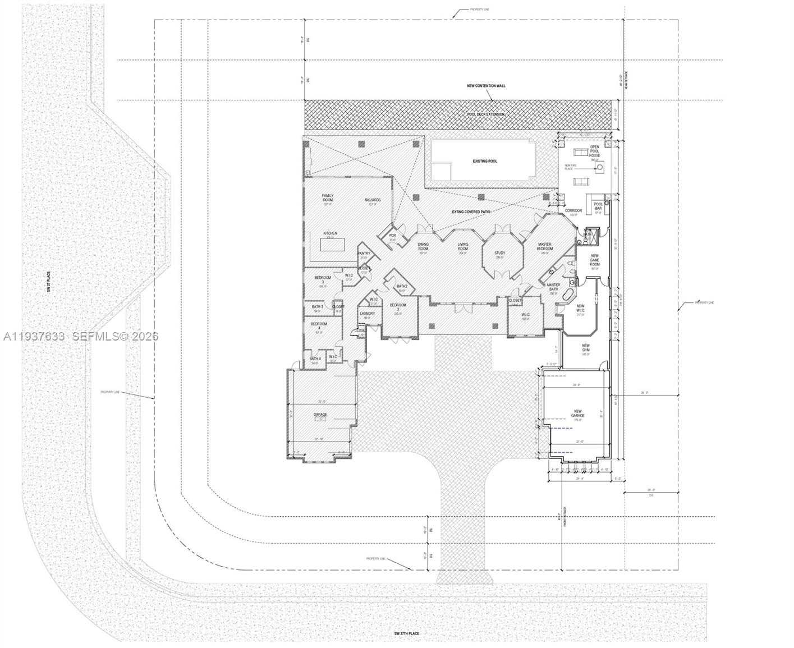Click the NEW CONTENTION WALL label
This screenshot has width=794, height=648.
(486, 86)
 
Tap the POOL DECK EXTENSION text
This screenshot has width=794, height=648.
(486, 114)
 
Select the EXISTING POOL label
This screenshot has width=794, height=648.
(484, 161)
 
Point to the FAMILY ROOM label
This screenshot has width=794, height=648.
(327, 198)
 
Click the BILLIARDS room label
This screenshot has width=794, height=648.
(372, 200)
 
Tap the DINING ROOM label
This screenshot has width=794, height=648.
(423, 245)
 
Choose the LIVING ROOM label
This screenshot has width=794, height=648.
(462, 245)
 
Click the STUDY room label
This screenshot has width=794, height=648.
(499, 253)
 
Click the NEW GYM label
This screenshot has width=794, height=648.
(585, 347)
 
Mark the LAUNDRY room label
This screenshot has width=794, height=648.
(367, 314)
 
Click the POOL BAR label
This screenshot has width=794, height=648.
(598, 206)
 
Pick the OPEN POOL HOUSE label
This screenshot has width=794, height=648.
(594, 151)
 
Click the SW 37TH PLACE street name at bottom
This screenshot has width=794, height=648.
(406, 633)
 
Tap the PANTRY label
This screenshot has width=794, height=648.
(364, 254)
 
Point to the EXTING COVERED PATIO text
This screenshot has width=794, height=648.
(471, 212)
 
